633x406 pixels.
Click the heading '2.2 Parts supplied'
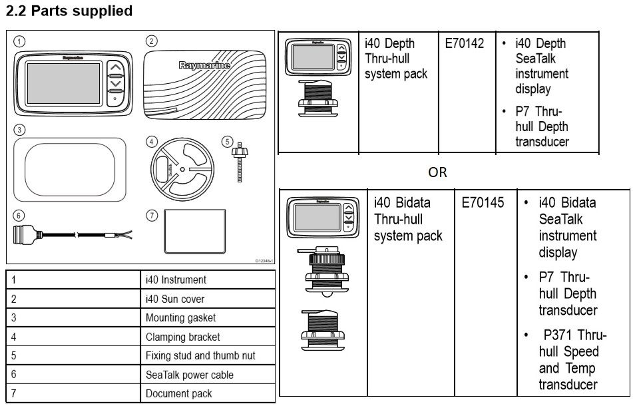coord(69,11)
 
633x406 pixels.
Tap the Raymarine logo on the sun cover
coord(204,66)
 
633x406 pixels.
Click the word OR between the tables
coord(437,172)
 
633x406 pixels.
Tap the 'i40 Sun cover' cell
coord(175,299)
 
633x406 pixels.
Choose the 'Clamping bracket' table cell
coord(182,337)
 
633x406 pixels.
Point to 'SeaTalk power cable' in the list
coord(189,375)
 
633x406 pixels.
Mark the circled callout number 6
coord(19,216)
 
